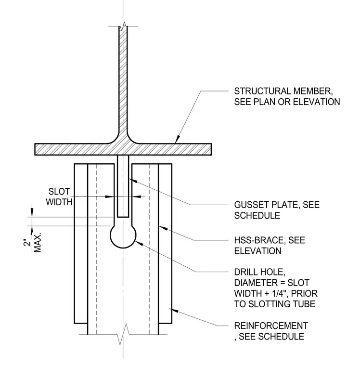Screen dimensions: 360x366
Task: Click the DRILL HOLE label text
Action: coord(260,272)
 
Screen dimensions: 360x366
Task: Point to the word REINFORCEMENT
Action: coord(271,326)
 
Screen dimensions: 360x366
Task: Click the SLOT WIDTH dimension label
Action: coord(59,197)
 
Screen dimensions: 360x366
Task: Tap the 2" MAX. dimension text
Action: coord(32,243)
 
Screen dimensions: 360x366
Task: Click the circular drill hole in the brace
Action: coord(123,248)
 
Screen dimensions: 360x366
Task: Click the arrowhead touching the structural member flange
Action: coord(178,139)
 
